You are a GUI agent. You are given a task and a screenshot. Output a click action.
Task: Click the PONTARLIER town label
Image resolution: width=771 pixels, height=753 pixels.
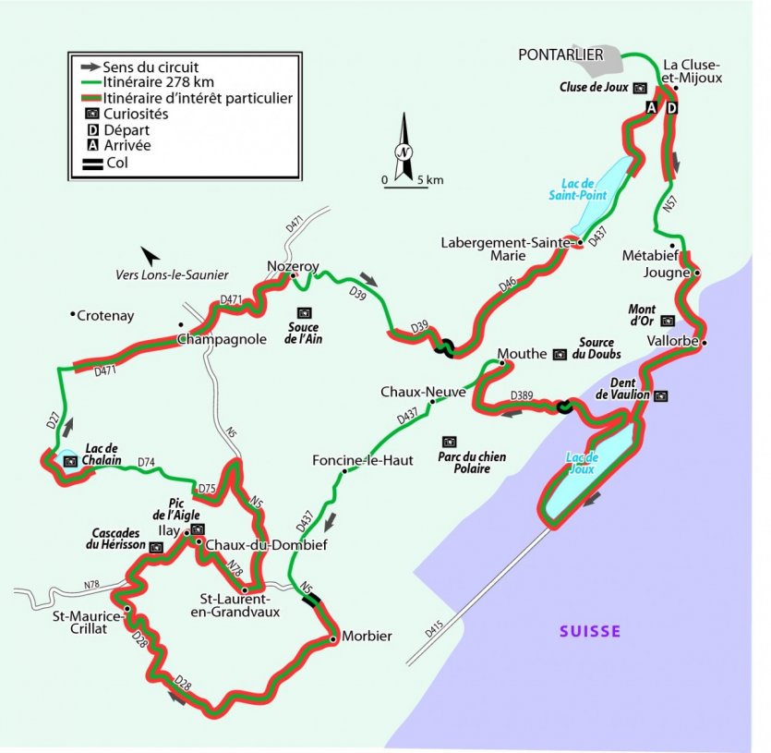tap(560, 55)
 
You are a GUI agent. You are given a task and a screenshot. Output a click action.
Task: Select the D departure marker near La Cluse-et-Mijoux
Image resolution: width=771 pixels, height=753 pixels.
tap(671, 109)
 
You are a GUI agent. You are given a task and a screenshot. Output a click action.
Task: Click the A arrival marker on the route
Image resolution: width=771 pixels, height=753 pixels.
tap(650, 109)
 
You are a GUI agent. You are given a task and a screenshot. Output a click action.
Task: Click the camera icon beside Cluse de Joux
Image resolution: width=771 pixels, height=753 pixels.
tap(638, 88)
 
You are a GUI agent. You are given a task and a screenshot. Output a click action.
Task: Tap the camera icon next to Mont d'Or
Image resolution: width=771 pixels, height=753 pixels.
tap(669, 321)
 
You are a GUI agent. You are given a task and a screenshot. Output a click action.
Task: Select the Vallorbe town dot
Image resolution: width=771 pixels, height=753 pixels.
tap(704, 343)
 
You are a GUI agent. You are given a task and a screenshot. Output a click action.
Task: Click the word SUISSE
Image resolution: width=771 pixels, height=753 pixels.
tap(590, 632)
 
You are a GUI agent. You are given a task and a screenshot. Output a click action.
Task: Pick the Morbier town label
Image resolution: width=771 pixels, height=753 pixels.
tap(367, 637)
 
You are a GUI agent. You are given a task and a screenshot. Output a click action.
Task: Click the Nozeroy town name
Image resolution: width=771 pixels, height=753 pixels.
tap(292, 265)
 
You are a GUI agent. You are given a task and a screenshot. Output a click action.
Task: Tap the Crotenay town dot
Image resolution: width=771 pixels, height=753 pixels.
tap(73, 315)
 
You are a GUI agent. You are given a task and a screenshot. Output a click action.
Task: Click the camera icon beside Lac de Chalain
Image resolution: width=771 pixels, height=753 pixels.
tap(69, 459)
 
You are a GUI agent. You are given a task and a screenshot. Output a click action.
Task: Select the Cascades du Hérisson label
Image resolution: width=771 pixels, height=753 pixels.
tap(117, 540)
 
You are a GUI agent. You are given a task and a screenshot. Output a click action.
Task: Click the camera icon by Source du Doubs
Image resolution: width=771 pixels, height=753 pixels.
tap(560, 354)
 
